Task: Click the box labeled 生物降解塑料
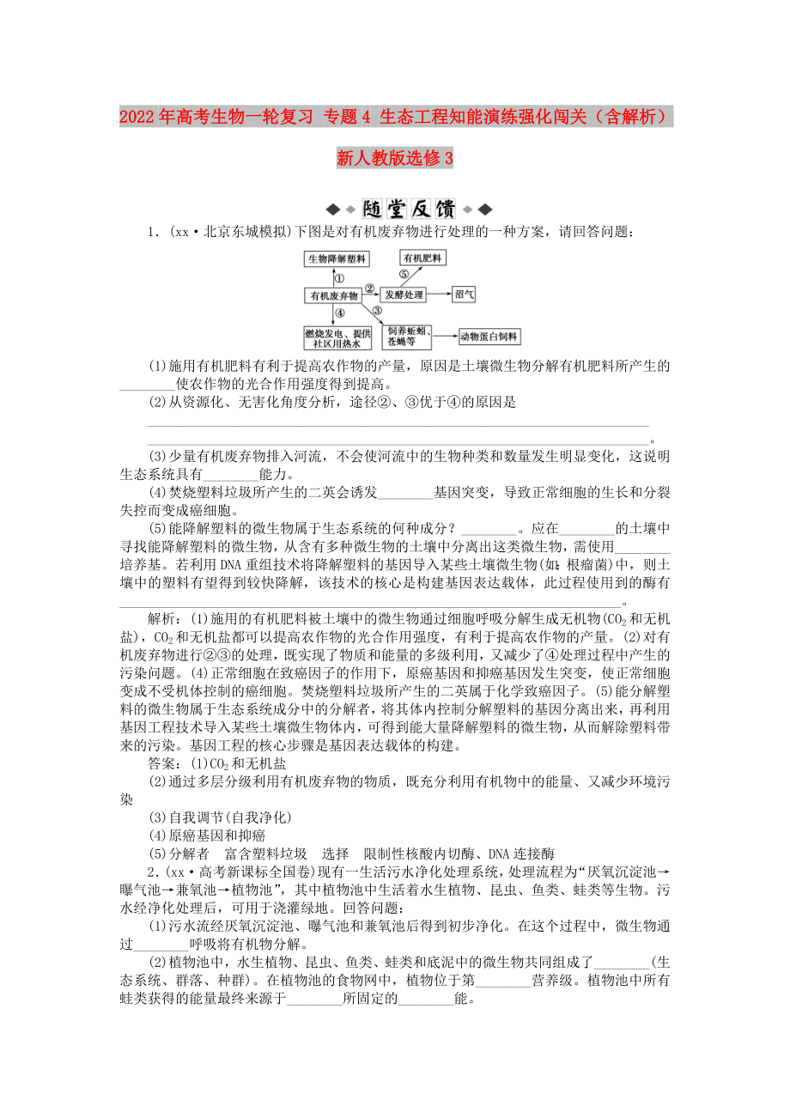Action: pos(337,258)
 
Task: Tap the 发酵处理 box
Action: pos(404,295)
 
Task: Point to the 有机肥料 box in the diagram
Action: pos(422,257)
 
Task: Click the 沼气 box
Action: pos(465,294)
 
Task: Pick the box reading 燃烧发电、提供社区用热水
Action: pos(337,337)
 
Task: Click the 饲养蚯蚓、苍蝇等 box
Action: pos(408,337)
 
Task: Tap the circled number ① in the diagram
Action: pos(339,277)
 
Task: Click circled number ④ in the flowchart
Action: pos(340,314)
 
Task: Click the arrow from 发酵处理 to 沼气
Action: pos(440,295)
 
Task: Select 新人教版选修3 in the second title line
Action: pos(394,158)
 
